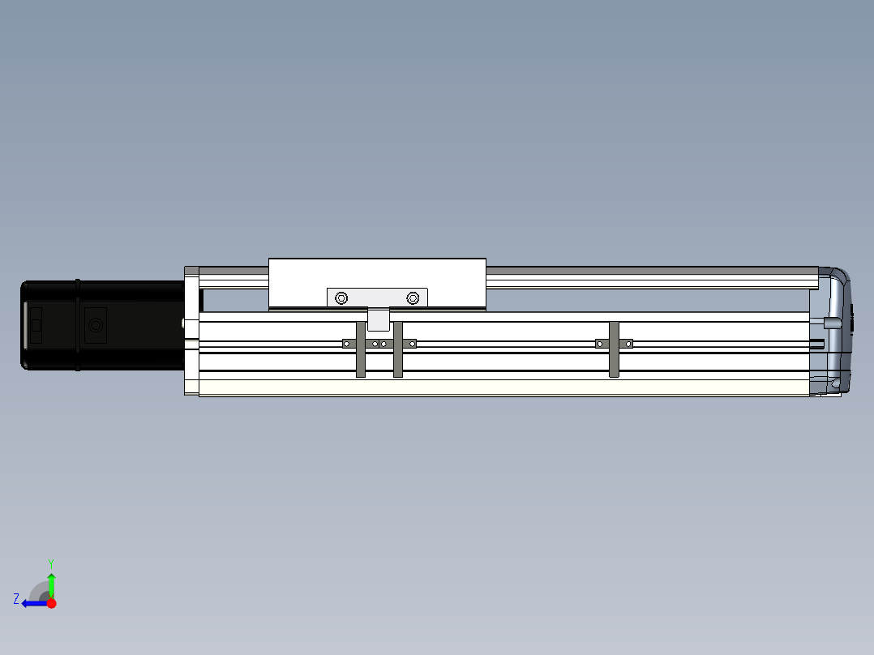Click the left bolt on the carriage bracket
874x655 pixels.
coord(341,298)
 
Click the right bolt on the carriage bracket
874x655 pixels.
coord(413,298)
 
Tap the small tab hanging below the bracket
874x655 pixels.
coord(379,319)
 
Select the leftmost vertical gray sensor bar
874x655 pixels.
coord(361,349)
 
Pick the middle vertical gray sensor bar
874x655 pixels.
coord(398,349)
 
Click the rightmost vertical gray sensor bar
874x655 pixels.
coord(614,349)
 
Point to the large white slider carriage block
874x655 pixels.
coord(377,284)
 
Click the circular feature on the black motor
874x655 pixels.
coord(96,325)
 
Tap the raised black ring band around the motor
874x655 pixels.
coord(78,325)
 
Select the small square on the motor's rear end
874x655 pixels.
coord(36,325)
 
